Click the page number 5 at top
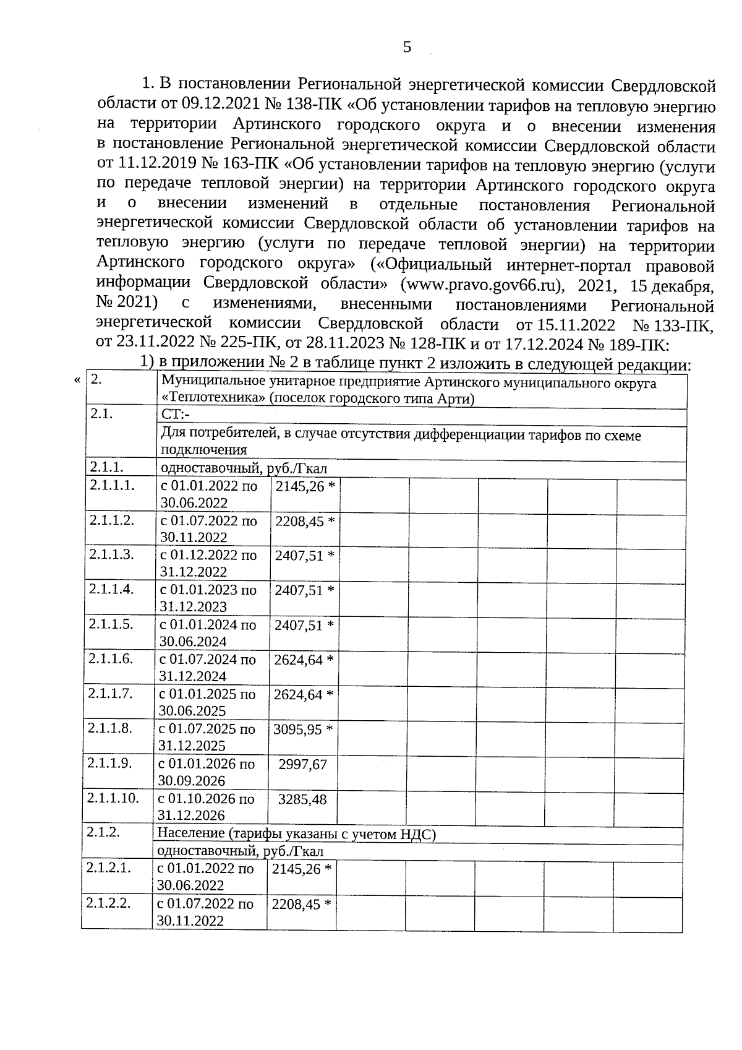(x=406, y=47)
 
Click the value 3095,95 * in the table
(x=303, y=729)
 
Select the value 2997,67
(x=302, y=764)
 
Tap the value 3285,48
(x=302, y=799)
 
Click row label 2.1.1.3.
(x=111, y=554)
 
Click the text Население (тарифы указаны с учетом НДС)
(x=296, y=834)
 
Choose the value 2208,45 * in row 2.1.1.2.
(x=305, y=521)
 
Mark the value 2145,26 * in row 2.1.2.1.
(x=301, y=869)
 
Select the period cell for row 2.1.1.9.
(x=207, y=772)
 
